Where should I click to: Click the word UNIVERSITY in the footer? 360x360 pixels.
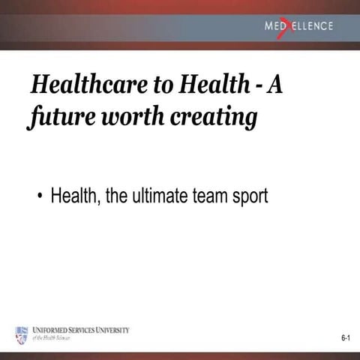(109, 330)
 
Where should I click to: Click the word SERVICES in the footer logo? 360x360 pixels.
(79, 330)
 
